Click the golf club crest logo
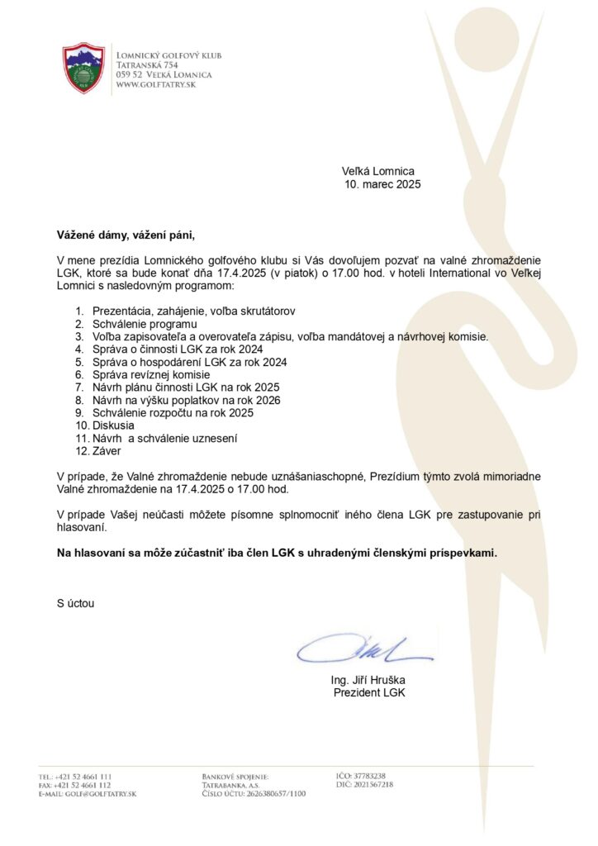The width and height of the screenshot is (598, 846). click(x=84, y=69)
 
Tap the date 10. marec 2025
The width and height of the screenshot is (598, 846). click(x=382, y=184)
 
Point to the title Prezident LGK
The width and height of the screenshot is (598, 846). click(x=369, y=692)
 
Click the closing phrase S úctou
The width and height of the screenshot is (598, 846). click(x=75, y=603)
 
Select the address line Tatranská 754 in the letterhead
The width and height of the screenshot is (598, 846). click(x=148, y=64)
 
